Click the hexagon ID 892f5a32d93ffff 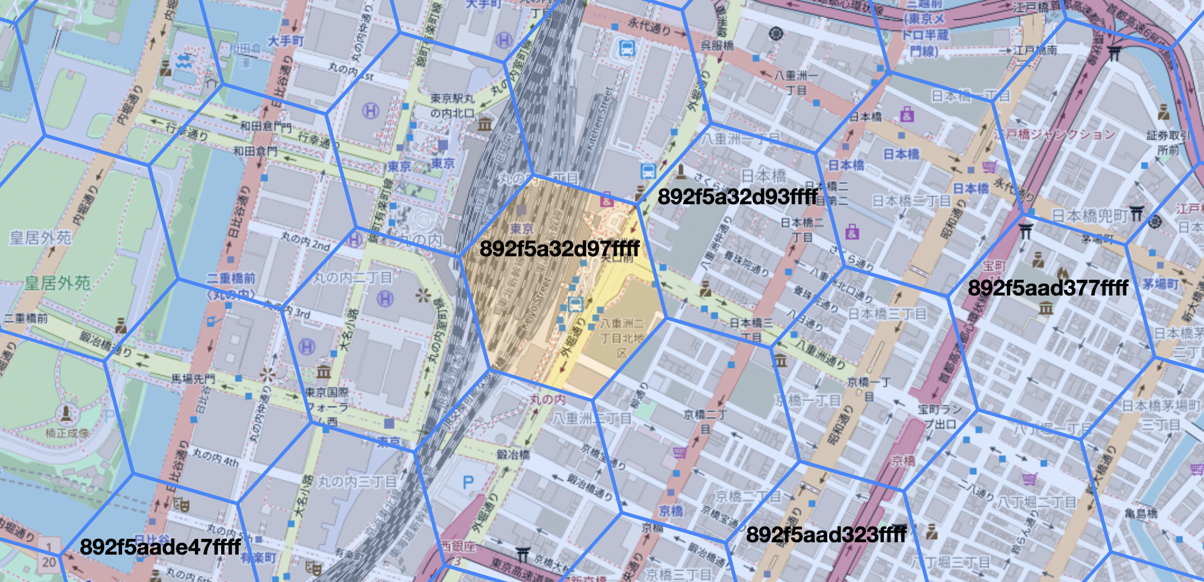pyautogui.click(x=738, y=196)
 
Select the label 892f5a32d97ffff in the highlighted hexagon pyautogui.click(x=559, y=248)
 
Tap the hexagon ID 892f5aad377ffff pyautogui.click(x=1048, y=288)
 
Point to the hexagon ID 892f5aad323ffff pyautogui.click(x=826, y=534)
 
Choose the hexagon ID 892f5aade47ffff pyautogui.click(x=160, y=547)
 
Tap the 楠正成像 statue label pyautogui.click(x=67, y=433)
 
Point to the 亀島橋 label pyautogui.click(x=1141, y=513)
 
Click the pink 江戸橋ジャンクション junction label pyautogui.click(x=1054, y=134)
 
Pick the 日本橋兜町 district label pyautogui.click(x=1089, y=215)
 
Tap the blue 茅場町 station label pyautogui.click(x=1160, y=284)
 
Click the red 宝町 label pyautogui.click(x=994, y=265)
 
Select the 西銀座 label pyautogui.click(x=458, y=546)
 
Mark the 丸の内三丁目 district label pyautogui.click(x=357, y=481)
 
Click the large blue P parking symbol pyautogui.click(x=468, y=482)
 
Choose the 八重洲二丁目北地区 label pyautogui.click(x=622, y=338)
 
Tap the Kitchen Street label pyautogui.click(x=600, y=118)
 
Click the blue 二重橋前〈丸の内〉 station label pyautogui.click(x=231, y=285)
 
